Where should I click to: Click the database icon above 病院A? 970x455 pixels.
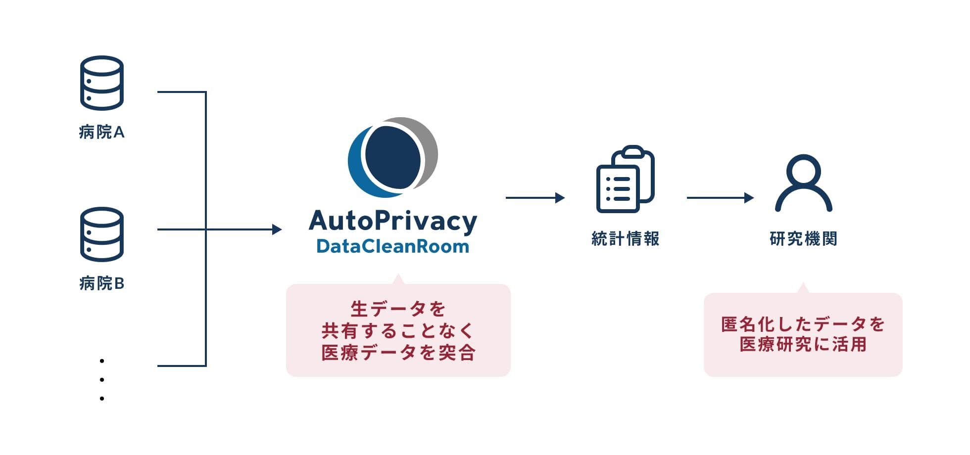(x=101, y=83)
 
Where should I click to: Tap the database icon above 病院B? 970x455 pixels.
(x=101, y=234)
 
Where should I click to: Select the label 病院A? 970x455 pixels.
(x=101, y=132)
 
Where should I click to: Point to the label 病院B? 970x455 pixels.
(x=101, y=283)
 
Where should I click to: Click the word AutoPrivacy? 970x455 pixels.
(x=393, y=222)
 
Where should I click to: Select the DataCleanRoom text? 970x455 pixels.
(x=392, y=246)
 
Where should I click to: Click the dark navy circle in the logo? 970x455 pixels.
(x=393, y=157)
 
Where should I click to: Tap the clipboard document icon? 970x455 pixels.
(x=625, y=179)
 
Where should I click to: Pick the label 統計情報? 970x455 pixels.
(x=625, y=239)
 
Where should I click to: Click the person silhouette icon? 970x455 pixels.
(x=803, y=183)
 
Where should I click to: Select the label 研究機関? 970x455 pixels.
(x=803, y=239)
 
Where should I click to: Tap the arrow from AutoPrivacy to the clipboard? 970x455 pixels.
(x=534, y=198)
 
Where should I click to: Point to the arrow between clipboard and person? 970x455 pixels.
(x=720, y=198)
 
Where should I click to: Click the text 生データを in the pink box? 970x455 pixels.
(x=398, y=309)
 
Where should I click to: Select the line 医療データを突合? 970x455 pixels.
(x=398, y=353)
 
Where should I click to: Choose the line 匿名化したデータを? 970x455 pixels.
(x=803, y=324)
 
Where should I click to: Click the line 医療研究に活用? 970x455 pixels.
(x=803, y=344)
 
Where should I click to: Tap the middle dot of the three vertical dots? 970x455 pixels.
(x=102, y=380)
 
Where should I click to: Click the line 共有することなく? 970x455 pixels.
(x=398, y=331)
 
